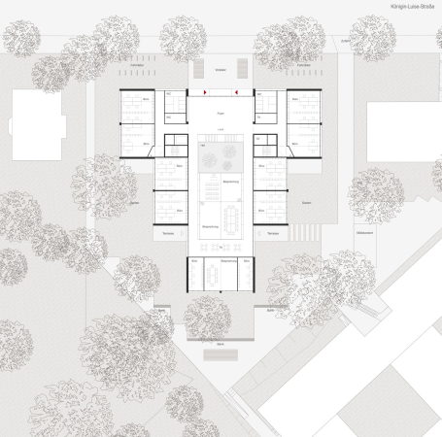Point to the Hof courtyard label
click(221, 129)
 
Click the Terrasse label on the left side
click(168, 234)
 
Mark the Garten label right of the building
click(306, 202)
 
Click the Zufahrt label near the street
click(345, 42)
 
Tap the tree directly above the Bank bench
click(207, 316)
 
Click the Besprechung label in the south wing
click(220, 261)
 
